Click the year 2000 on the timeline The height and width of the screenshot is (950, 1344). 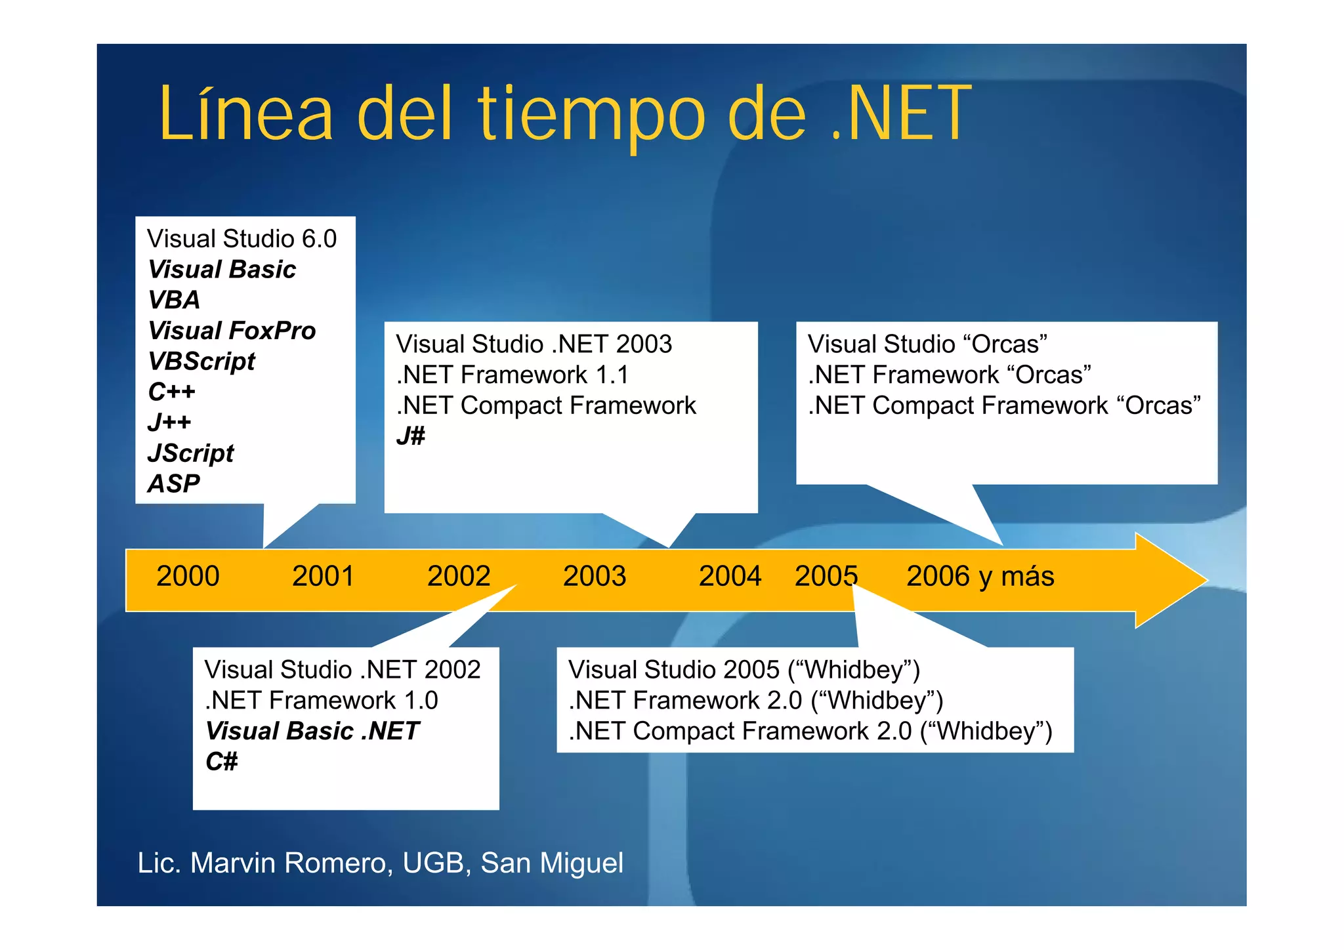[x=188, y=576]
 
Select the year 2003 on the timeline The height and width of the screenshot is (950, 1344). [x=595, y=576]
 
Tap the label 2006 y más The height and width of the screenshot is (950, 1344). [x=980, y=576]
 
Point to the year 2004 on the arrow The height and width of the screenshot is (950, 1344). [x=730, y=576]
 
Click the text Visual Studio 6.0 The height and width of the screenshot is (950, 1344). [x=241, y=239]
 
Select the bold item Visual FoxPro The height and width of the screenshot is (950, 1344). [x=232, y=331]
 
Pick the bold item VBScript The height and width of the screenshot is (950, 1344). [x=201, y=361]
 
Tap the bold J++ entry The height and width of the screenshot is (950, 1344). [x=169, y=422]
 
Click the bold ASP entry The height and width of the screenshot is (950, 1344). [x=174, y=484]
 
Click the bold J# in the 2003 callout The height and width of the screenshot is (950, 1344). [x=411, y=436]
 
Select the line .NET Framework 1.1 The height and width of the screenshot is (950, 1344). [x=513, y=375]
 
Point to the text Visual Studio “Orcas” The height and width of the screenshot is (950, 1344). [x=927, y=344]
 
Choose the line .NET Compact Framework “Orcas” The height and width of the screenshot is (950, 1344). [x=1004, y=405]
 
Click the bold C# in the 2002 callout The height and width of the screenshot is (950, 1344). [x=221, y=762]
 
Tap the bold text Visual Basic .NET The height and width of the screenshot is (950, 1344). [x=312, y=731]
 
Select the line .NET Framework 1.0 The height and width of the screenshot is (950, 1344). [x=322, y=700]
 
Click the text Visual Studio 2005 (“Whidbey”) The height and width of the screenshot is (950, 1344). [x=744, y=670]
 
